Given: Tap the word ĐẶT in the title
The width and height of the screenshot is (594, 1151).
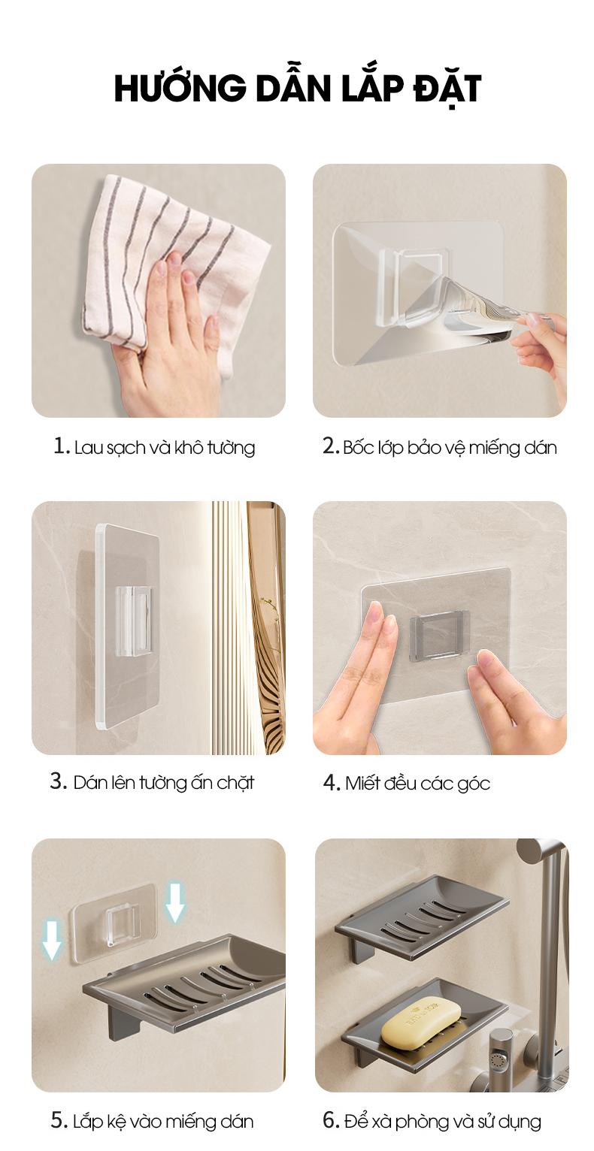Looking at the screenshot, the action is pyautogui.click(x=447, y=88).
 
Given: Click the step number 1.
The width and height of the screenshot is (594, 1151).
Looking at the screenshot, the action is pyautogui.click(x=61, y=446).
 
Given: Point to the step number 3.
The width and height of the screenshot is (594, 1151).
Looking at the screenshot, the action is pyautogui.click(x=59, y=781).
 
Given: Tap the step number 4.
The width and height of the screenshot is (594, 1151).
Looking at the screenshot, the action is pyautogui.click(x=332, y=783).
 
